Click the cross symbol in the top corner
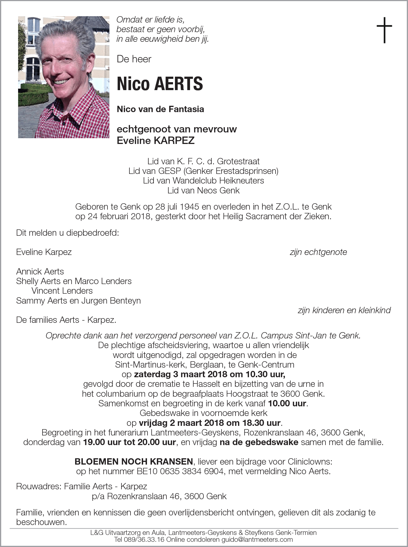click(x=384, y=30)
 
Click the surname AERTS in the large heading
click(x=178, y=84)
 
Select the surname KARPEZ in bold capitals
click(x=174, y=141)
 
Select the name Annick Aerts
click(x=40, y=271)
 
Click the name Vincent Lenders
click(x=62, y=291)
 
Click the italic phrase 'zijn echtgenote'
click(x=318, y=252)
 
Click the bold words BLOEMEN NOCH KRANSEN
click(x=134, y=462)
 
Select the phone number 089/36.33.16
click(x=139, y=539)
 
